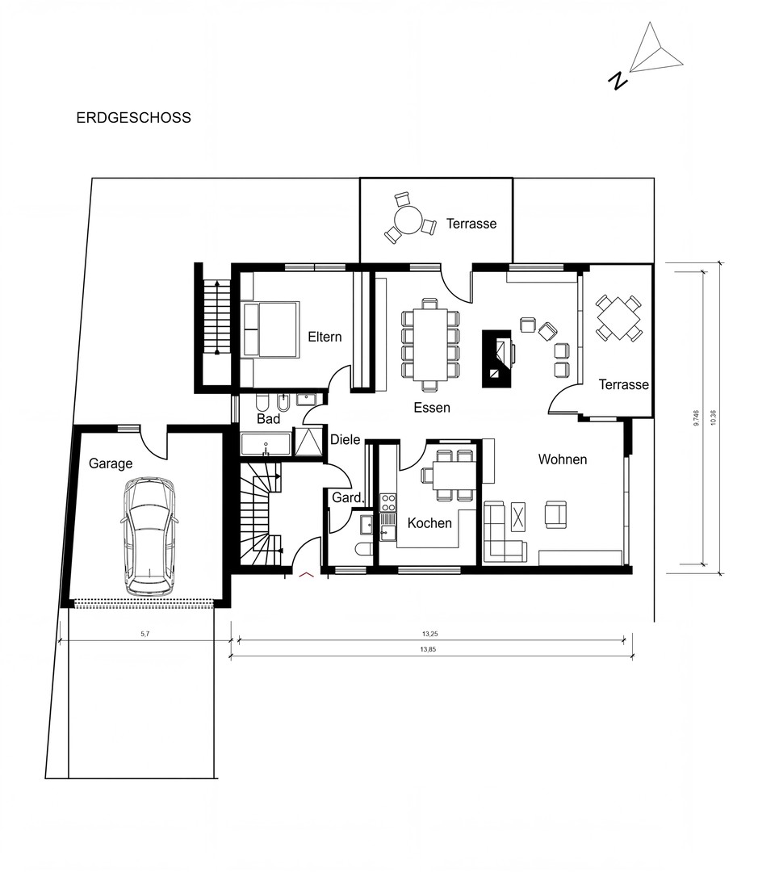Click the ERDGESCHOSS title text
(x=133, y=117)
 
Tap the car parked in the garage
(x=149, y=536)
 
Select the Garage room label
(x=111, y=463)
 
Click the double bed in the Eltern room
(x=270, y=329)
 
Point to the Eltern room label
(x=325, y=337)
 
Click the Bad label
(x=269, y=419)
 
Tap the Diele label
(x=346, y=439)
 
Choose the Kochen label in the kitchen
(x=429, y=522)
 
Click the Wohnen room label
(x=563, y=459)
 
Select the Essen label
(x=432, y=408)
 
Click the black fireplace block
(x=496, y=358)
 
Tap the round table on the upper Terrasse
(x=408, y=220)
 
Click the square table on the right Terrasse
(x=618, y=318)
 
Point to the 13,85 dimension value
(x=428, y=649)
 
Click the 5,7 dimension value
(x=145, y=634)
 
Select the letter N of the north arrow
(x=618, y=81)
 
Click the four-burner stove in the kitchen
(x=387, y=502)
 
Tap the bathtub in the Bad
(x=266, y=444)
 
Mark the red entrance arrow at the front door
(x=307, y=575)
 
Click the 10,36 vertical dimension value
(x=714, y=417)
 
